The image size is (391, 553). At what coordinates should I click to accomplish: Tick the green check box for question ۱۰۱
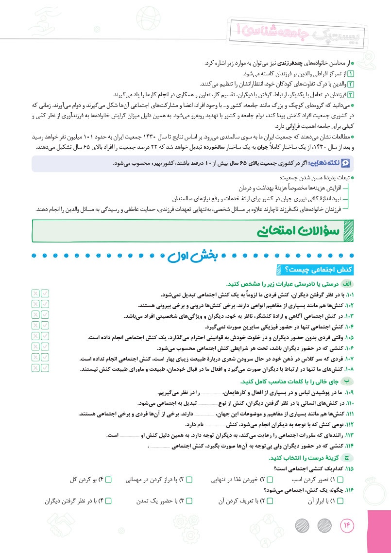(46, 294)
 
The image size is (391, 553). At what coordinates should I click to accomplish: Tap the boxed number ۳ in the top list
(353, 94)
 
